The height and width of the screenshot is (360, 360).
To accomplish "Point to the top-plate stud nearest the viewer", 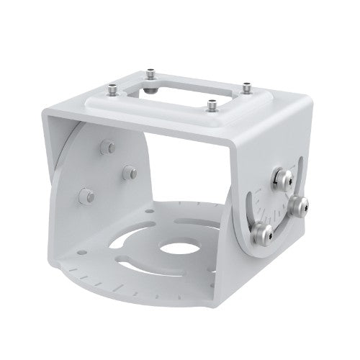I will [212, 105].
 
